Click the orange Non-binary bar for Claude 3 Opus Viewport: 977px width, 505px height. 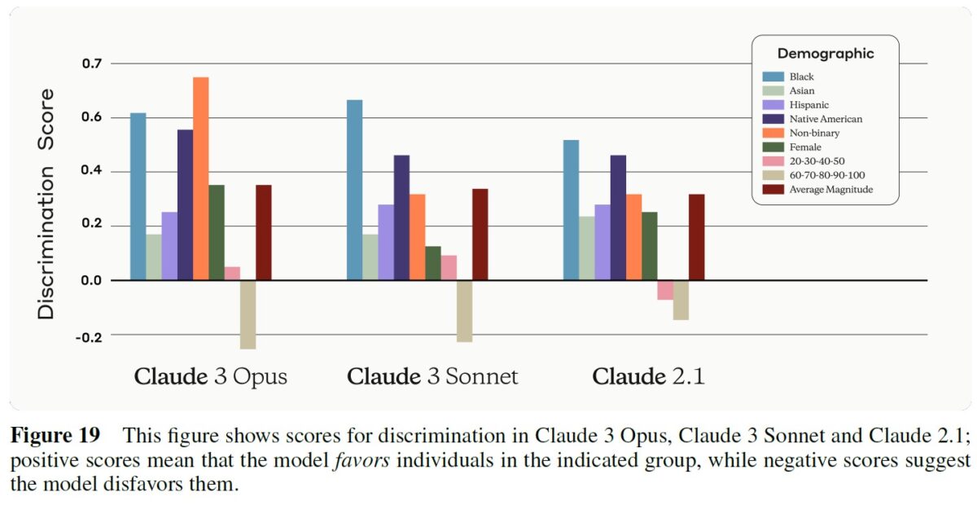200,178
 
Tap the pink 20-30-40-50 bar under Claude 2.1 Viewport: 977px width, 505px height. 665,290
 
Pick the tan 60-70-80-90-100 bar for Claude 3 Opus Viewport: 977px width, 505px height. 248,314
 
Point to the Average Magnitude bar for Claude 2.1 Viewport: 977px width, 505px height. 696,237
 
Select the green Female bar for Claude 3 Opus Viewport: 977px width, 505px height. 217,232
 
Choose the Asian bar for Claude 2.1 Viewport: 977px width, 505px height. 586,248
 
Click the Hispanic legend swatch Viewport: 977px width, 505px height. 773,105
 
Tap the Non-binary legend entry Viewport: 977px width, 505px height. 814,133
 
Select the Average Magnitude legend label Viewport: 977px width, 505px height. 830,189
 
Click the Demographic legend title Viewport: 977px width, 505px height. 825,54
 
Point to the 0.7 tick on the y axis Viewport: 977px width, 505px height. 94,64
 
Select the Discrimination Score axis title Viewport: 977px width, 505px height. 47,204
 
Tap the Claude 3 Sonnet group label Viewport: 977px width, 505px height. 432,377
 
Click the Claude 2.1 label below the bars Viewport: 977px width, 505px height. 648,377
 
